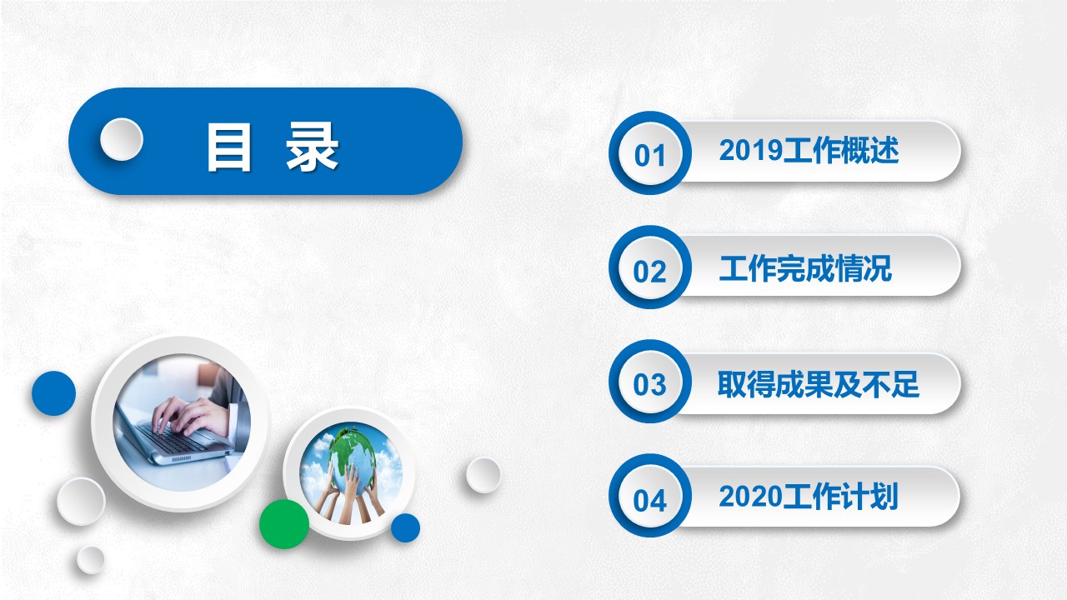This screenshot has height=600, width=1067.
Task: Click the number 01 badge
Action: (x=650, y=153)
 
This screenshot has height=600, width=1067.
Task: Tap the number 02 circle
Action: (x=650, y=267)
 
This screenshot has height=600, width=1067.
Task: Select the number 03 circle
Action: (x=650, y=382)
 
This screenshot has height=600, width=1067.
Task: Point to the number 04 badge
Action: (x=650, y=496)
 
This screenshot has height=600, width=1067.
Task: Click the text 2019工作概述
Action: (x=809, y=151)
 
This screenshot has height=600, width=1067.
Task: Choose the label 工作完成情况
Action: (x=805, y=268)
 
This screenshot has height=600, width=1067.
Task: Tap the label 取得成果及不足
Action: (x=819, y=384)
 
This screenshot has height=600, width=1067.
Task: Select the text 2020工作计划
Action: (x=809, y=497)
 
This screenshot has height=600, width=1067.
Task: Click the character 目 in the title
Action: (x=228, y=147)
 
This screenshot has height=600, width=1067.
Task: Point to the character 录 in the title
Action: (x=312, y=146)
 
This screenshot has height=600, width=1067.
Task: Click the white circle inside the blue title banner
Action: (x=122, y=139)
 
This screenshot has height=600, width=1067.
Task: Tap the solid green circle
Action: (x=284, y=524)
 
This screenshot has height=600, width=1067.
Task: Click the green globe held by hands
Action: (x=353, y=457)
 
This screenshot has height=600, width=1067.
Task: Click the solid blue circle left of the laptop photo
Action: (x=54, y=393)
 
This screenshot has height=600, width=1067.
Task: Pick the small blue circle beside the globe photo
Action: (x=405, y=528)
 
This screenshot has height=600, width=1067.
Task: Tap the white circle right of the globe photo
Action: (x=483, y=475)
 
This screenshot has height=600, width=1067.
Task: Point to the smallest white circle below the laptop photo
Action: (x=91, y=559)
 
